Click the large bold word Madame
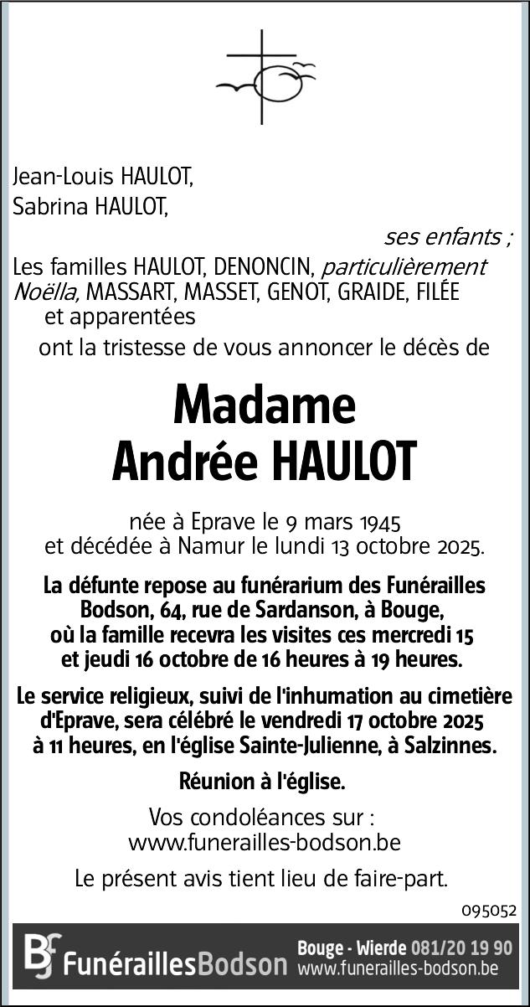click(x=265, y=405)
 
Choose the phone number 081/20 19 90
click(x=461, y=948)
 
